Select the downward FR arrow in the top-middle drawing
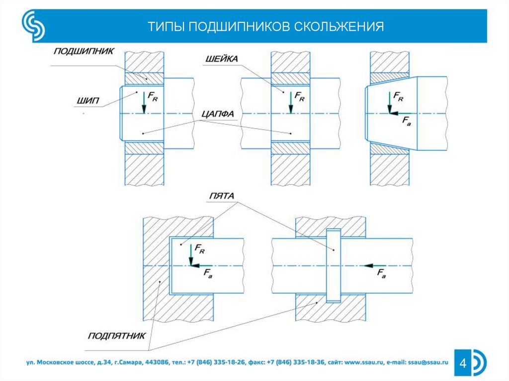pyautogui.click(x=290, y=103)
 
